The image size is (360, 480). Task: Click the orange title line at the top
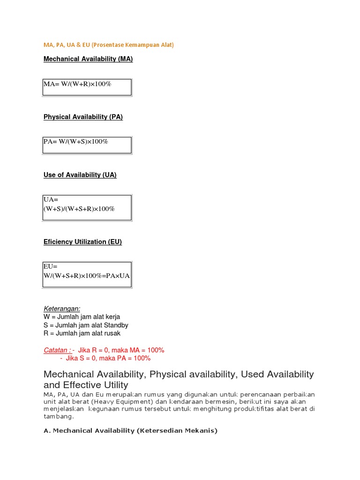click(109, 45)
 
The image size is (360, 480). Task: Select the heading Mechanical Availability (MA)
click(88, 59)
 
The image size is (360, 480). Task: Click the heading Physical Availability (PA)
click(83, 117)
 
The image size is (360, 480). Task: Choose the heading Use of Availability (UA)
click(80, 175)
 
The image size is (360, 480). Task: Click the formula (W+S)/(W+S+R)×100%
click(79, 209)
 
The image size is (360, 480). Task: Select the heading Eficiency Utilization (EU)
click(82, 242)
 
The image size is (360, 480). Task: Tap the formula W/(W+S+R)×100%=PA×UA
click(87, 276)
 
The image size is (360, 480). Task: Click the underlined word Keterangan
click(62, 308)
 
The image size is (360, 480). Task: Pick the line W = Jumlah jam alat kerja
click(82, 317)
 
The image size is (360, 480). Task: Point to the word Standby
click(117, 325)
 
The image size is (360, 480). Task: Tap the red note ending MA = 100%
click(121, 350)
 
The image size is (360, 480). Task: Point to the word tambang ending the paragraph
click(58, 416)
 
